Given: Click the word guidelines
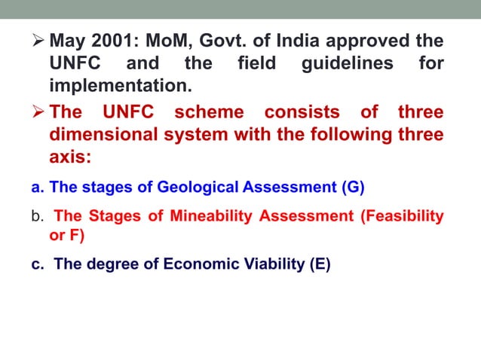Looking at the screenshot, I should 348,63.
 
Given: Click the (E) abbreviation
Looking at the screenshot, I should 319,264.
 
